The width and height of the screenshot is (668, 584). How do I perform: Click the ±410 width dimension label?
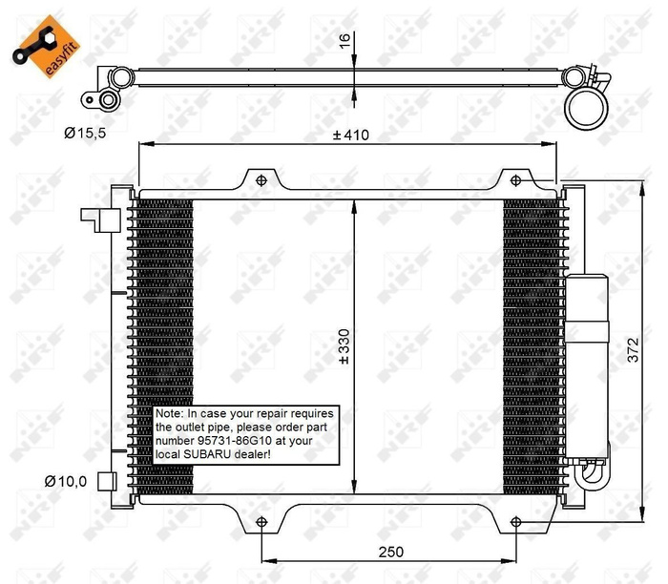pos(350,135)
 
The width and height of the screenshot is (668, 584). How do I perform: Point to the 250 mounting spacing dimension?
pos(387,552)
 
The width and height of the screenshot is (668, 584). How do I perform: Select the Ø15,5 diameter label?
pos(85,134)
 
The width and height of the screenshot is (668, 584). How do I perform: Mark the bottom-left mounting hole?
pos(261,521)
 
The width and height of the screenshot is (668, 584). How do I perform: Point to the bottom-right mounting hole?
pos(515,521)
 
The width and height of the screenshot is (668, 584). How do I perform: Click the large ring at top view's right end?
pos(585,107)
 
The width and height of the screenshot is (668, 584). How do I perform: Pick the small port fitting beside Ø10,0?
pos(109,480)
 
